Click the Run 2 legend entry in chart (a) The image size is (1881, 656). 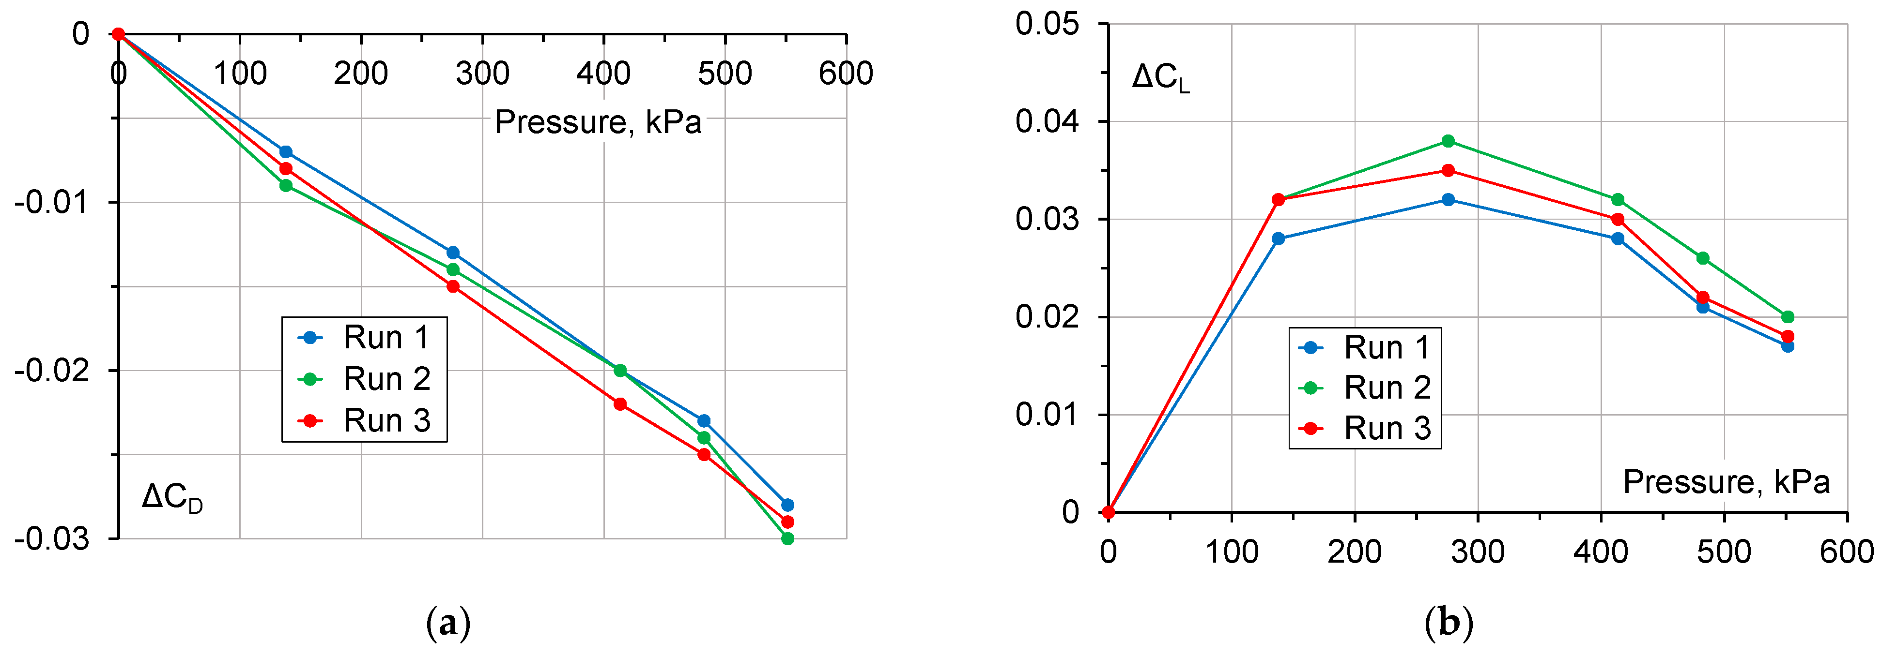pyautogui.click(x=365, y=379)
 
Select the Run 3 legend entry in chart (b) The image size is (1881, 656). pyautogui.click(x=1366, y=428)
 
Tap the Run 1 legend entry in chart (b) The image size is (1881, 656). pyautogui.click(x=1366, y=347)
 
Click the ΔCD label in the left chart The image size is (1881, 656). pyautogui.click(x=172, y=498)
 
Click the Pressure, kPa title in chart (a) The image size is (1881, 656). pyautogui.click(x=597, y=122)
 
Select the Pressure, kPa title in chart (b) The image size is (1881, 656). pyautogui.click(x=1726, y=482)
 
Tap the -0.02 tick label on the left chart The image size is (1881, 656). pyautogui.click(x=52, y=371)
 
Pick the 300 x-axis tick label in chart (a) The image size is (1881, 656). pyautogui.click(x=482, y=74)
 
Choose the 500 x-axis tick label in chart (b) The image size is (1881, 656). pyautogui.click(x=1723, y=552)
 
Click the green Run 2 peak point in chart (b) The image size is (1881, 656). pyautogui.click(x=1448, y=141)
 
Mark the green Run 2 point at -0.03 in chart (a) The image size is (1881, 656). pyautogui.click(x=787, y=538)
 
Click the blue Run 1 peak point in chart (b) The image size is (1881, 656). pyautogui.click(x=1448, y=199)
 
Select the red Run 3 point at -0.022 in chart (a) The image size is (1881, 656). pyautogui.click(x=620, y=403)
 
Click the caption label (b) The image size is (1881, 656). pyautogui.click(x=1449, y=624)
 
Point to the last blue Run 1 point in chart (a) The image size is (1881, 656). pyautogui.click(x=787, y=505)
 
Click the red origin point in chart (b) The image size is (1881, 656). pyautogui.click(x=1109, y=512)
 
